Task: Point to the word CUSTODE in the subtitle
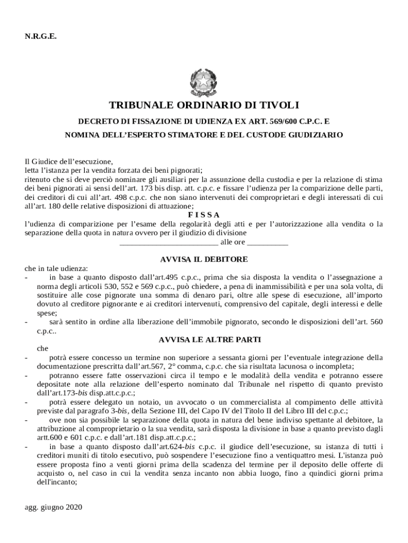(x=252, y=135)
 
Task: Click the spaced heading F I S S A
(x=204, y=215)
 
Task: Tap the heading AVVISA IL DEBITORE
(x=204, y=259)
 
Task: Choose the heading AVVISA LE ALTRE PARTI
(x=204, y=339)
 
